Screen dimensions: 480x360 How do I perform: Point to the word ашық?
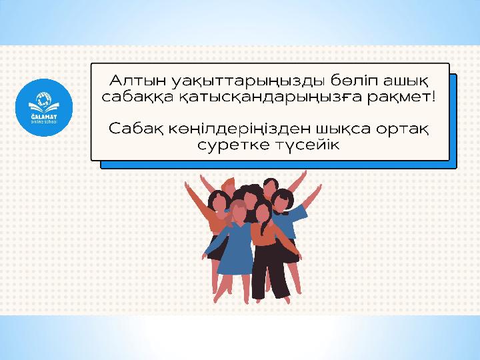coord(405,81)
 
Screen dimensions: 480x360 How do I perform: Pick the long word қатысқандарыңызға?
coord(269,98)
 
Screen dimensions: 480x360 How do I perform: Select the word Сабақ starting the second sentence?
coord(135,129)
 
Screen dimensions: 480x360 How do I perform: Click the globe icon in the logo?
coord(44,99)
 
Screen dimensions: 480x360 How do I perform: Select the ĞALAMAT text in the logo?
coord(44,117)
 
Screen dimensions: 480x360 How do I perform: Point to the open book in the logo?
coord(44,107)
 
